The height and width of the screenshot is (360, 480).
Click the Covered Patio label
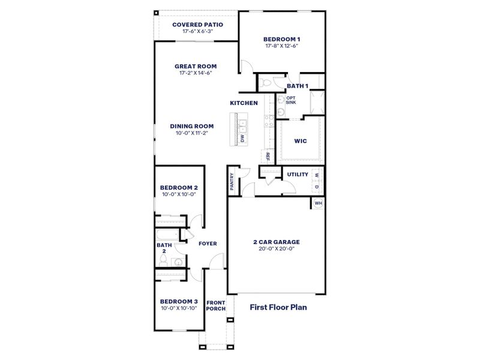click(197, 25)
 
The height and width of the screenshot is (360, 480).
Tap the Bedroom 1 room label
click(281, 39)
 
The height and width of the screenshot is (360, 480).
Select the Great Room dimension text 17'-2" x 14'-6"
click(196, 73)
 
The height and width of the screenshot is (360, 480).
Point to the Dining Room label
click(191, 126)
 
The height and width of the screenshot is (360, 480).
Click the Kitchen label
click(244, 103)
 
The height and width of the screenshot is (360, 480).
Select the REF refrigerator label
click(268, 157)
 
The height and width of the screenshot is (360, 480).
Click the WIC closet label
click(301, 142)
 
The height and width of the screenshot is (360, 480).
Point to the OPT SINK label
click(290, 100)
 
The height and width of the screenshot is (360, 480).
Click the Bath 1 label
click(297, 86)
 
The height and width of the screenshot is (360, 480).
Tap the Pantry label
click(232, 182)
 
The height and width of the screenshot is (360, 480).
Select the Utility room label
click(298, 175)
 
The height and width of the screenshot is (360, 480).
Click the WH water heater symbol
click(319, 203)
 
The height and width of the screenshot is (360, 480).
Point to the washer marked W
click(317, 175)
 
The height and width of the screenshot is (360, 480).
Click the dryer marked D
click(317, 187)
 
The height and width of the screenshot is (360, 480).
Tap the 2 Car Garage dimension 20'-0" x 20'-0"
click(276, 250)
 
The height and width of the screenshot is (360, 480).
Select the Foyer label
click(208, 243)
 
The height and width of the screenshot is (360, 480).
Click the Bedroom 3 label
click(179, 301)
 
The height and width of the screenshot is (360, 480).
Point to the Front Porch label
click(215, 305)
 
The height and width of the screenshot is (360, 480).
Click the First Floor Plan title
click(278, 307)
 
